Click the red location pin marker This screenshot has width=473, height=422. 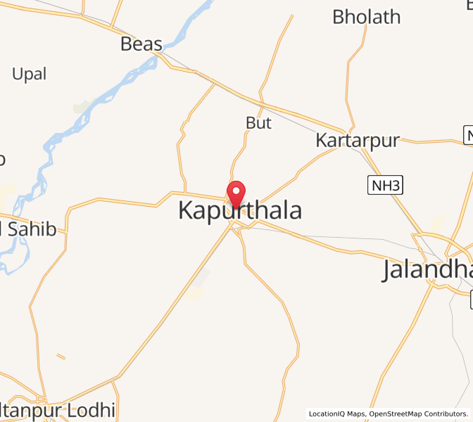point(236,194)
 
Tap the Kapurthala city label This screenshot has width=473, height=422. point(240,210)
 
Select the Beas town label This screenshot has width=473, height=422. point(141,44)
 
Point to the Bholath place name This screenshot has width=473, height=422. point(366,17)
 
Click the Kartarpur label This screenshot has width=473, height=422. point(357,140)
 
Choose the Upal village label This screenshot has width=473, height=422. point(30,74)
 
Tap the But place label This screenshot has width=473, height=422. point(258,122)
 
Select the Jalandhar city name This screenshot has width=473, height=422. point(427,270)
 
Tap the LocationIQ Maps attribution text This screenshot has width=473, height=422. point(336,414)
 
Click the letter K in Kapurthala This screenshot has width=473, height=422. point(187,210)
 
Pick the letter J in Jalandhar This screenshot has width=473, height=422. point(389,271)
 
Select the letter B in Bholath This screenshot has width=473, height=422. point(339,17)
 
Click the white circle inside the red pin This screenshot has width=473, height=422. point(236,190)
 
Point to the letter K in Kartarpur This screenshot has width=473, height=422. point(322,140)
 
